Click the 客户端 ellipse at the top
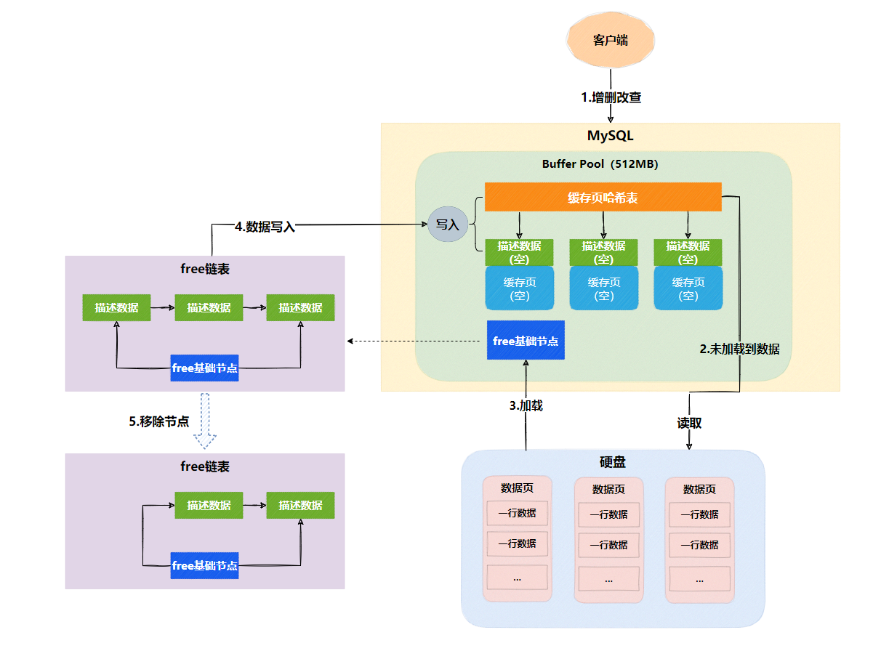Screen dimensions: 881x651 click(610, 40)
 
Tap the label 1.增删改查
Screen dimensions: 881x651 click(611, 97)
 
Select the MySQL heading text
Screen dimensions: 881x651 click(610, 135)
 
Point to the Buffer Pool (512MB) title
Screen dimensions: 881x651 click(600, 163)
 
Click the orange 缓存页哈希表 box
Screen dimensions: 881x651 click(603, 197)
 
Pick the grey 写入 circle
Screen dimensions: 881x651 click(447, 224)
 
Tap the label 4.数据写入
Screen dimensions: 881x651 click(265, 227)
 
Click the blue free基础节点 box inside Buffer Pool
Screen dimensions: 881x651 click(525, 340)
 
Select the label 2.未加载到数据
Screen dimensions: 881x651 click(739, 349)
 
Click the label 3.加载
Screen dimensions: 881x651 click(526, 405)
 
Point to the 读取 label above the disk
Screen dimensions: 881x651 click(689, 423)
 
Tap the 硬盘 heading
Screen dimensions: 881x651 click(612, 461)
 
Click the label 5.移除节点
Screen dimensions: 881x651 click(159, 421)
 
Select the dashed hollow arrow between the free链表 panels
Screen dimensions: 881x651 click(204, 421)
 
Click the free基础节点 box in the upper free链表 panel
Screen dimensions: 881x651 click(204, 368)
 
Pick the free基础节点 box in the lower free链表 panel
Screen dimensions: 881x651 click(204, 565)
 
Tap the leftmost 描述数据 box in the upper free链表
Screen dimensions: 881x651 click(116, 307)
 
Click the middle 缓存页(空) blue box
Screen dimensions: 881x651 click(603, 288)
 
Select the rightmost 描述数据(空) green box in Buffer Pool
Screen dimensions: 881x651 click(688, 252)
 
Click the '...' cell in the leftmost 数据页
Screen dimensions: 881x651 click(517, 578)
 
